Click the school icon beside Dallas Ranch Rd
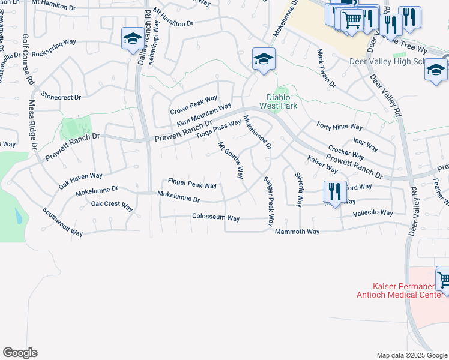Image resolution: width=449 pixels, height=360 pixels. click(131, 40)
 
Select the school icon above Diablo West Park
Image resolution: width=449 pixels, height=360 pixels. click(263, 59)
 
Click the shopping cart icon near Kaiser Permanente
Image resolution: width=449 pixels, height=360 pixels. click(443, 280)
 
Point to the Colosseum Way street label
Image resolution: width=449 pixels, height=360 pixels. click(215, 217)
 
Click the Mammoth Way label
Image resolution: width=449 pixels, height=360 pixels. click(297, 231)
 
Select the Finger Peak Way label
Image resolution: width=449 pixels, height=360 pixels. click(192, 183)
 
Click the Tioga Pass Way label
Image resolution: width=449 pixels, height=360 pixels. click(219, 128)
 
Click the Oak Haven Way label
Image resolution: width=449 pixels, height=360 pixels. click(80, 181)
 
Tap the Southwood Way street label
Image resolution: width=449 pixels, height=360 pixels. click(62, 222)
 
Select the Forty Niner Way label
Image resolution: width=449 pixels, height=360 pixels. click(340, 127)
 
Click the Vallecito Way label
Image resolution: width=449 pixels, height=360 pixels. click(373, 213)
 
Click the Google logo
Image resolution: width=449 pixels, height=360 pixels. click(20, 353)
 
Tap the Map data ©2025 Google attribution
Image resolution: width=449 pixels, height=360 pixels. click(411, 355)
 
